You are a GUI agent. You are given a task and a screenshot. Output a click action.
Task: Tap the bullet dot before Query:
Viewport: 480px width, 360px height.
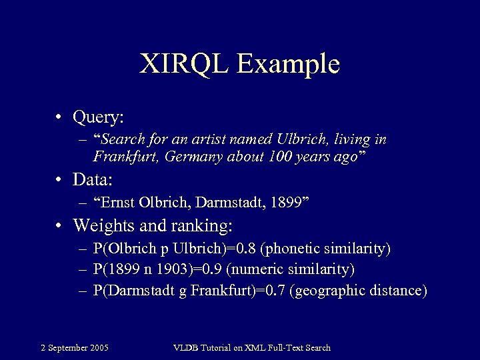[60, 117]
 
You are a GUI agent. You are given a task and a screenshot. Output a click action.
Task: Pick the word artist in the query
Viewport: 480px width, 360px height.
[213, 140]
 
